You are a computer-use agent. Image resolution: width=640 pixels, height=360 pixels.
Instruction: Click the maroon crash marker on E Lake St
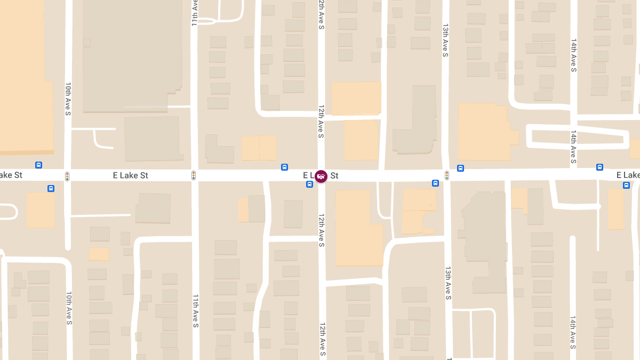[321, 176]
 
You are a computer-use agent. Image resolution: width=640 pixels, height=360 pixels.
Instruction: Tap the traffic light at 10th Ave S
[67, 175]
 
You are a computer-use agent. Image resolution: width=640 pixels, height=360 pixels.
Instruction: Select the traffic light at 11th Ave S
[194, 175]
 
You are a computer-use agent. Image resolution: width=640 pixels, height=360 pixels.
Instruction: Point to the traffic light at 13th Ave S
[447, 175]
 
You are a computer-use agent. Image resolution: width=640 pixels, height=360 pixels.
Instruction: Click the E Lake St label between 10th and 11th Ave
[131, 175]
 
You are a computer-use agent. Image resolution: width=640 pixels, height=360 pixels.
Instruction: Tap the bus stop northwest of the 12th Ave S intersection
[284, 167]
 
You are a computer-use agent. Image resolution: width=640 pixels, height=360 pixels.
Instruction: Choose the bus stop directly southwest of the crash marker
[310, 185]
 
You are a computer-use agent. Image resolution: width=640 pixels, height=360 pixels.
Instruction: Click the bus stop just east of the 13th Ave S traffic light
[461, 168]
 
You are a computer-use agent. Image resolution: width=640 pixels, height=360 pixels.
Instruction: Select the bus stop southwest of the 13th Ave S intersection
[436, 183]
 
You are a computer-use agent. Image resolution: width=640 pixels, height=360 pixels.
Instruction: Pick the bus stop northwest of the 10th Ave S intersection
[38, 165]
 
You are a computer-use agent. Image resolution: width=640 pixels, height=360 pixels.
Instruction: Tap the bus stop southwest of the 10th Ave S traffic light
[51, 188]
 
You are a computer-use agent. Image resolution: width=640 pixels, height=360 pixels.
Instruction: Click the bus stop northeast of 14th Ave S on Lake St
[600, 167]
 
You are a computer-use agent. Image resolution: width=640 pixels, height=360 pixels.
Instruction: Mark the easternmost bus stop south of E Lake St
[626, 185]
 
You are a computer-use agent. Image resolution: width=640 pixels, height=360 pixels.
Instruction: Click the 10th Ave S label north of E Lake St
[68, 99]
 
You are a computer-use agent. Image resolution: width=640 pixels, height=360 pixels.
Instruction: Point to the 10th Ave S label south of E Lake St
[69, 308]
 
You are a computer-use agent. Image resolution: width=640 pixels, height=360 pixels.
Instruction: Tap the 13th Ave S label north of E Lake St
[445, 39]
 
